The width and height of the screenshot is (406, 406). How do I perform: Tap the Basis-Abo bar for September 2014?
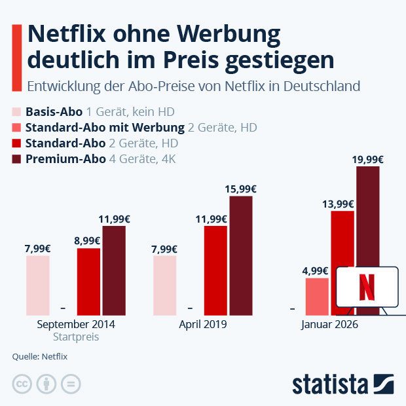(x=38, y=286)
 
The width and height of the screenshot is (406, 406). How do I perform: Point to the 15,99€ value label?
(x=241, y=189)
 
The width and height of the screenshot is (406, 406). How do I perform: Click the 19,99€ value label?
(x=368, y=159)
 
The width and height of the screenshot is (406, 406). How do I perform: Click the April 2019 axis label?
(x=202, y=324)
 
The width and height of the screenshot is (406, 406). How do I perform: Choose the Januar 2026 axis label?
(x=329, y=324)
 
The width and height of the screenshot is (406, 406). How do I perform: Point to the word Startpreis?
(x=75, y=337)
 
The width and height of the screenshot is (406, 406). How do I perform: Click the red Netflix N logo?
(x=367, y=287)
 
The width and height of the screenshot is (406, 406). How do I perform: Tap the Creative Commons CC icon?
(x=22, y=384)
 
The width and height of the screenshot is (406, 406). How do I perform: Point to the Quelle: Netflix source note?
(x=40, y=356)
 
